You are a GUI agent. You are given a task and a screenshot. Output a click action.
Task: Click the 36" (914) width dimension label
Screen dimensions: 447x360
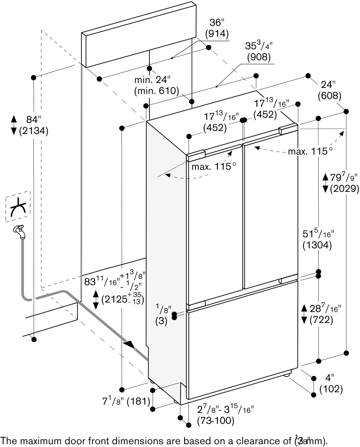tap(217, 29)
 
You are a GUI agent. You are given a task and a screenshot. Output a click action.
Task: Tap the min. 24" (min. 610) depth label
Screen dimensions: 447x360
tap(156, 86)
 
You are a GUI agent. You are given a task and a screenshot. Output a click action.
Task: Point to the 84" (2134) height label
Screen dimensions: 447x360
tap(33, 125)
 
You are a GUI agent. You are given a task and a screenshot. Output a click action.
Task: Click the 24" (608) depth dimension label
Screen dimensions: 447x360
tap(329, 91)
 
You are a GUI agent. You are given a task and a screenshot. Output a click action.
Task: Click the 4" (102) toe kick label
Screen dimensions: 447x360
tap(331, 383)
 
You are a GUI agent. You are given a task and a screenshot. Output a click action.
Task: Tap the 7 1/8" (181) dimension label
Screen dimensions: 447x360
tap(126, 401)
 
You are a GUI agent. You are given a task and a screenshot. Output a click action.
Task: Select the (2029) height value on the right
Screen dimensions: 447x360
tap(344, 189)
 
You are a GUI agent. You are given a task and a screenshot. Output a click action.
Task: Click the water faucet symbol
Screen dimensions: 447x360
tap(19, 231)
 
